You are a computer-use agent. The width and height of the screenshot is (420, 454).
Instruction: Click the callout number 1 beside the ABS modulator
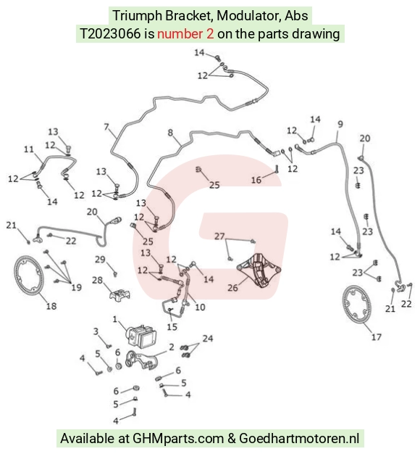(x=115, y=319)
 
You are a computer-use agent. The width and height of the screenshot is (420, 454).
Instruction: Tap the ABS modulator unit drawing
(x=141, y=336)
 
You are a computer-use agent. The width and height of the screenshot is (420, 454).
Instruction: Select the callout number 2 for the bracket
(x=172, y=347)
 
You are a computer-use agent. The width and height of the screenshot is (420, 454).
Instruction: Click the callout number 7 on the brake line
(x=106, y=127)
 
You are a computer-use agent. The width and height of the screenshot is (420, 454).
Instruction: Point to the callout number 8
(x=170, y=133)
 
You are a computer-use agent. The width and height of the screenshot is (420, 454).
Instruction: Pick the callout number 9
(x=340, y=124)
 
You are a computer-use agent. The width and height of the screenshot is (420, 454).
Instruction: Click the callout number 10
(x=201, y=307)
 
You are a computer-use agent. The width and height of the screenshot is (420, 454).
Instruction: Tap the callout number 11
(x=29, y=149)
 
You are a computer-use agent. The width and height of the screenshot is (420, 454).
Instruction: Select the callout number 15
(x=172, y=327)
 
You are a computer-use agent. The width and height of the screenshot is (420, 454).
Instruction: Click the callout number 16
(x=256, y=180)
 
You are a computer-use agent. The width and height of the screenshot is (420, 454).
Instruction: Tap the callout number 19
(x=77, y=287)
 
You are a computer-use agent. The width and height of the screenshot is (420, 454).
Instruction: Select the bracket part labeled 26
(x=259, y=271)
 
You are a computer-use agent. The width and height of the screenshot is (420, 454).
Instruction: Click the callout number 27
(x=219, y=236)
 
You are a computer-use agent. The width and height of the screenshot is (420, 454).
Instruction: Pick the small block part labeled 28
(x=119, y=294)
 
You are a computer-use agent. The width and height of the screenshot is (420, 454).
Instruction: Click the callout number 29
(x=100, y=260)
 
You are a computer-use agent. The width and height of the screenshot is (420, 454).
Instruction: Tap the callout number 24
(x=208, y=338)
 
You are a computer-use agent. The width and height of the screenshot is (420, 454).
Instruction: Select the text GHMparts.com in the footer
(x=178, y=438)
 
